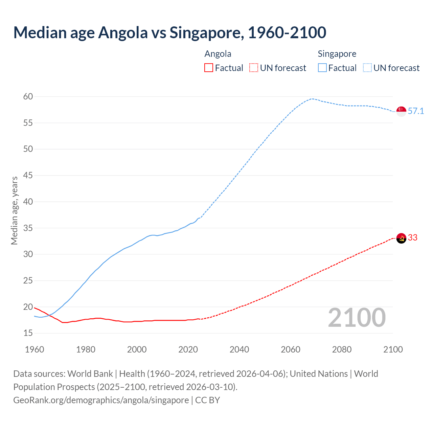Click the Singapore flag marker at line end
(401, 111)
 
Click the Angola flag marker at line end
(401, 238)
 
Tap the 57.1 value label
(416, 111)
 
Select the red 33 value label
(413, 238)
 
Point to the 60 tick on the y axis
(28, 97)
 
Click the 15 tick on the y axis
(28, 333)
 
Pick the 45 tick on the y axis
(28, 176)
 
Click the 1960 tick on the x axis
(35, 349)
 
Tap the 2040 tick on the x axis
(239, 349)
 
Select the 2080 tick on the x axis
(342, 349)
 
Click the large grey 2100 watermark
(357, 318)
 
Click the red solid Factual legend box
(209, 68)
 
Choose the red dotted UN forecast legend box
(254, 68)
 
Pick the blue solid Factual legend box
(322, 68)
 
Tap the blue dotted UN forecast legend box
(367, 68)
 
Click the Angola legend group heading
(218, 54)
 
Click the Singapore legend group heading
(337, 54)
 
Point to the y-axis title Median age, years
(14, 210)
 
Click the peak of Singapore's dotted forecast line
(312, 99)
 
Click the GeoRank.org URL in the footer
(101, 400)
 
